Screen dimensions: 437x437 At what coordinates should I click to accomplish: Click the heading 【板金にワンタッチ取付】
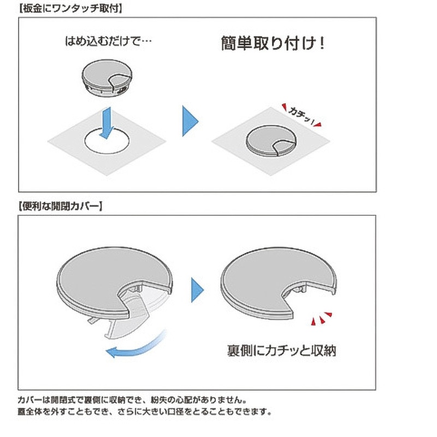(x=70, y=8)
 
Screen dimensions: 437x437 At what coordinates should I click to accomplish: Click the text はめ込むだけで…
(x=108, y=42)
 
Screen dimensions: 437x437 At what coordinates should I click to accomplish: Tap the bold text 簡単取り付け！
(x=273, y=44)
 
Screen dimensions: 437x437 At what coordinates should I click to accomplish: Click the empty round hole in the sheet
(x=107, y=141)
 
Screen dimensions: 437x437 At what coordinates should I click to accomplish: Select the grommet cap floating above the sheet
(x=107, y=78)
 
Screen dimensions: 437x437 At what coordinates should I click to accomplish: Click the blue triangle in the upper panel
(x=190, y=121)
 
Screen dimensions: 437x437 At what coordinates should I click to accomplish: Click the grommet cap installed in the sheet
(x=271, y=140)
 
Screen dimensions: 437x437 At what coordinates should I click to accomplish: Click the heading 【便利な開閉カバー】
(x=60, y=206)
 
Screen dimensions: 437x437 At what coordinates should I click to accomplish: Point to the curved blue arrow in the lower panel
(x=137, y=346)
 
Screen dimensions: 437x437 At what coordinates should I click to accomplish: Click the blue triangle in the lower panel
(x=198, y=290)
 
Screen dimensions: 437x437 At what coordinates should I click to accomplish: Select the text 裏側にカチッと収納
(x=282, y=351)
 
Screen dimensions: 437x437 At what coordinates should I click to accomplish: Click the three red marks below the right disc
(x=322, y=318)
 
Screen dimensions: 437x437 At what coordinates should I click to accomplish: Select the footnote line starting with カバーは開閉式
(x=132, y=400)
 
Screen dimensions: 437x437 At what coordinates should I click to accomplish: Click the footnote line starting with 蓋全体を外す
(x=145, y=412)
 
